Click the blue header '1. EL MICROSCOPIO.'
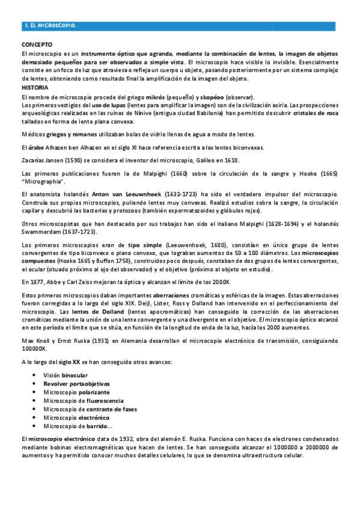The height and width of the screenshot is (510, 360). pos(49,26)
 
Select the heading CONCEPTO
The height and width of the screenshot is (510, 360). pos(37,45)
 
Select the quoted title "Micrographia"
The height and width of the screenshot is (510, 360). pos(43,181)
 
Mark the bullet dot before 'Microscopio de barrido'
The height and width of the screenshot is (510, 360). pos(35,425)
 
